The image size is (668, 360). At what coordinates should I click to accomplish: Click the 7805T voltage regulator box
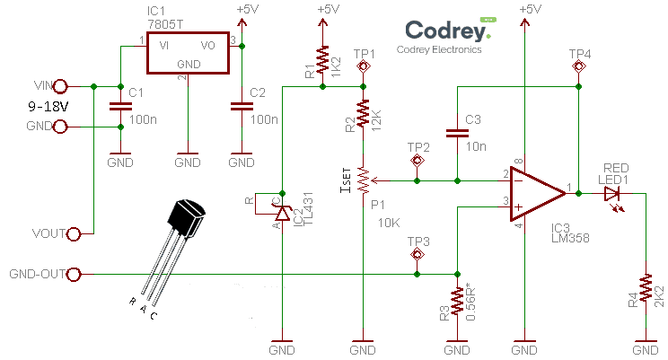(188, 54)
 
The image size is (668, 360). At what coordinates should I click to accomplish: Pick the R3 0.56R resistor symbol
(457, 303)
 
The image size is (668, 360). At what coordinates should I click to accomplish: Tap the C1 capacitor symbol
(119, 107)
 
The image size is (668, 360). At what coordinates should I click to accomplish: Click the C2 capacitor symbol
(240, 107)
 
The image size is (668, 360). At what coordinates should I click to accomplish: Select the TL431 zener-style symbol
(282, 212)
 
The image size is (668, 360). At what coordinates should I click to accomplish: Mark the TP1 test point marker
(364, 67)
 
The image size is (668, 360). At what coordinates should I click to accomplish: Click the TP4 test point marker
(579, 67)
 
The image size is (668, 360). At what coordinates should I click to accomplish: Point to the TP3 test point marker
(417, 255)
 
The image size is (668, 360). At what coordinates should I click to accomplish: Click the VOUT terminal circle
(75, 233)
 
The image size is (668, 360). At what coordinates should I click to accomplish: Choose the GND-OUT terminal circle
(75, 274)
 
